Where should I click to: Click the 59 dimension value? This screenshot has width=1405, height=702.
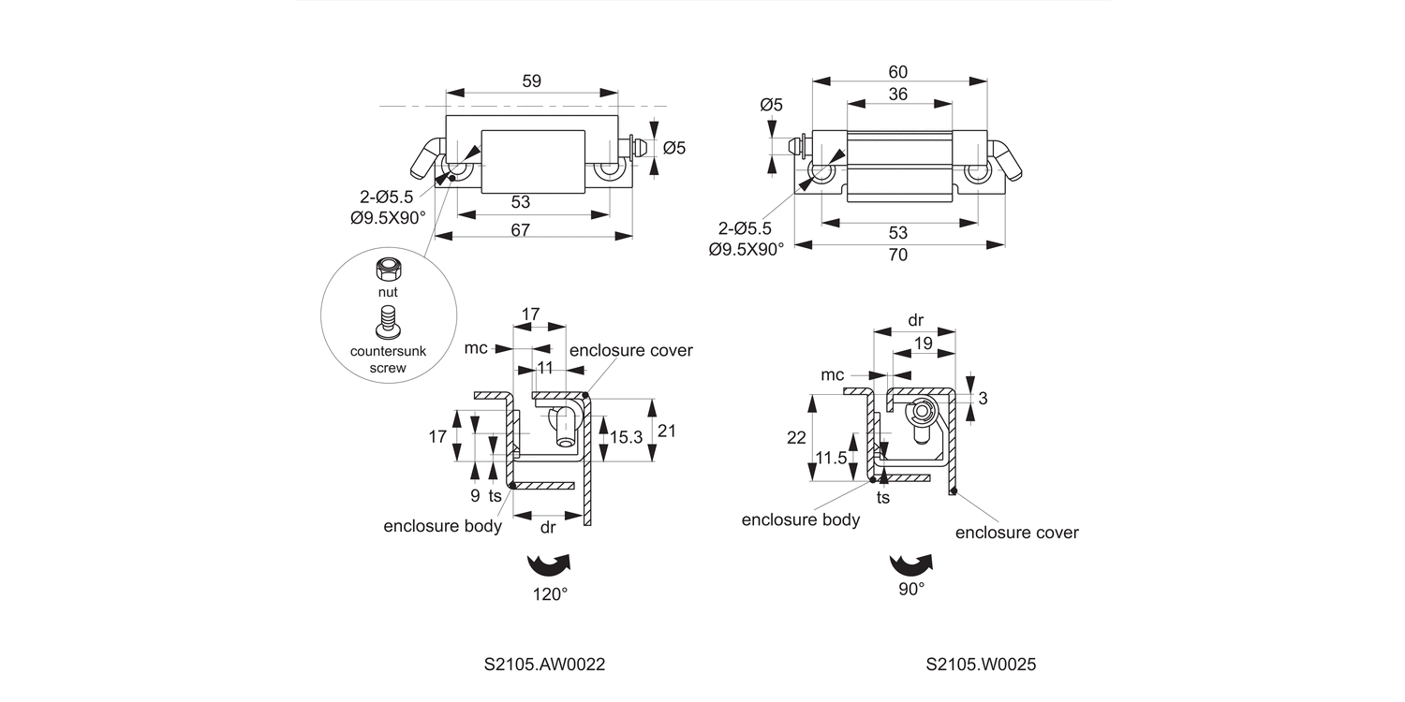click(531, 81)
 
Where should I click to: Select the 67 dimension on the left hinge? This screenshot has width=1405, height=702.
click(532, 229)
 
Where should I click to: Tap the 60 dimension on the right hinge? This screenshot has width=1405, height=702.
click(898, 72)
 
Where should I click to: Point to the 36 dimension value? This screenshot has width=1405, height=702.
click(898, 94)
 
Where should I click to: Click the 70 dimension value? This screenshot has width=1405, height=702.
click(898, 255)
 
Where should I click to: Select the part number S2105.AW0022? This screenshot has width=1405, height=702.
click(544, 665)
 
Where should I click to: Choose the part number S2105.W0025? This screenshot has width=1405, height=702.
click(980, 665)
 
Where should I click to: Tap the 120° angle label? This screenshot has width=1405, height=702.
click(551, 593)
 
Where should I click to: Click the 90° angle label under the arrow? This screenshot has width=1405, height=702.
click(911, 589)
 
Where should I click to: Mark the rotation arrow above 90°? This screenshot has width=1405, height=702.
click(911, 563)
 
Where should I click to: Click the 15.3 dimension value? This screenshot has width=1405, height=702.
click(626, 436)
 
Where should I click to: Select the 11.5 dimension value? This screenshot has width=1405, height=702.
click(831, 458)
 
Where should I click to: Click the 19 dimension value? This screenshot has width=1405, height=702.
click(922, 344)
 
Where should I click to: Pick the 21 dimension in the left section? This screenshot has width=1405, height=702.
click(667, 431)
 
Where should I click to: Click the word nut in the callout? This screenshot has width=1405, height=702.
click(387, 292)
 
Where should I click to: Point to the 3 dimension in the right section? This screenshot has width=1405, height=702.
click(982, 398)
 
